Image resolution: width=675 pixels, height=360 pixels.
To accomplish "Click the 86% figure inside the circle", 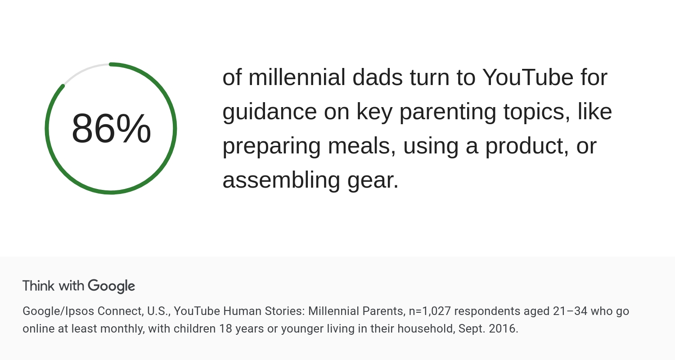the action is pos(111,129).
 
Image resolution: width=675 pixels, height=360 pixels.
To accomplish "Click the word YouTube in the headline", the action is pos(528,77).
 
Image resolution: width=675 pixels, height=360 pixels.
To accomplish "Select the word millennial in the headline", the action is pos(297,77).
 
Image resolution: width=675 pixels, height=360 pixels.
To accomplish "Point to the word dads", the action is pos(377,77).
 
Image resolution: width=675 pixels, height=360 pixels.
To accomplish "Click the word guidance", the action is pos(270,112).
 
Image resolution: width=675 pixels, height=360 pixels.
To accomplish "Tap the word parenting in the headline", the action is pos(448,112).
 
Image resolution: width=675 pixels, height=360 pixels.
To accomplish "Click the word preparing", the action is pos(271,146).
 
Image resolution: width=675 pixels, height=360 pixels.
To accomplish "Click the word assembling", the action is pos(281,180).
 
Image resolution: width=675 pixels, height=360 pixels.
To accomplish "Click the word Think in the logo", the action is pos(39,286).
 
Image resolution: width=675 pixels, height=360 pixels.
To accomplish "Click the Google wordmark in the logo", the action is pos(112,287).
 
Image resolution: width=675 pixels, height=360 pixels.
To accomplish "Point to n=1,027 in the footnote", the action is pos(430,311).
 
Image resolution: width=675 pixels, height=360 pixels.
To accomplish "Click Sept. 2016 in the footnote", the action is pos(488,328).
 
